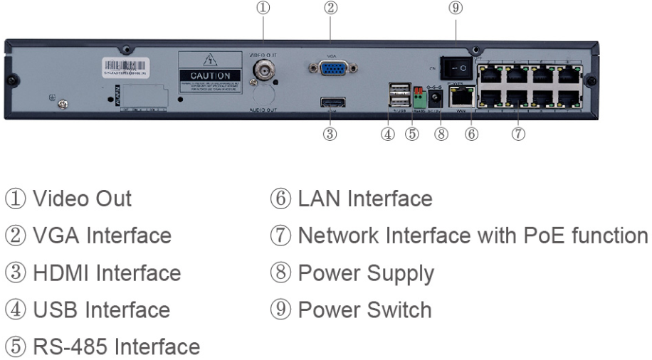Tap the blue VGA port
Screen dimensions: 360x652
[332, 69]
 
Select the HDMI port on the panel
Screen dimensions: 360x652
[330, 103]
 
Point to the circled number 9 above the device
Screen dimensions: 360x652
[456, 9]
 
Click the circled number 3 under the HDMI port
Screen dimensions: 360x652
[330, 134]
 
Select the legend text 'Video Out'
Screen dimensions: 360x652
[88, 198]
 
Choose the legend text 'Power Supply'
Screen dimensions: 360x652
[366, 273]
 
